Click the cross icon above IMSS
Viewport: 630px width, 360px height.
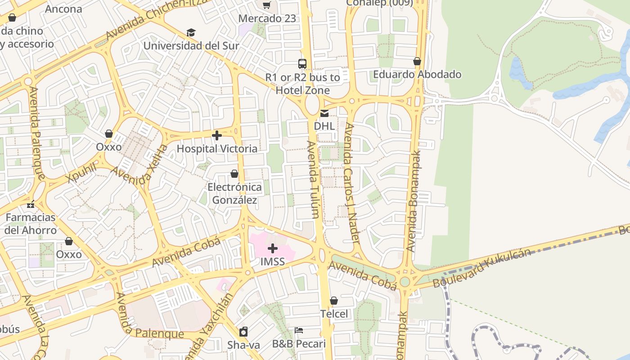pyautogui.click(x=273, y=248)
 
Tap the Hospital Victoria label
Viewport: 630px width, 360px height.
pyautogui.click(x=217, y=148)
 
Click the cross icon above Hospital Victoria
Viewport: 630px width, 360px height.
pyautogui.click(x=217, y=135)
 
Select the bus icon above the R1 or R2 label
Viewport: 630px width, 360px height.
pyautogui.click(x=302, y=64)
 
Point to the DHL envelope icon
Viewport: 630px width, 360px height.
pyautogui.click(x=324, y=113)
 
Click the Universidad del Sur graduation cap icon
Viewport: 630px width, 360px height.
pyautogui.click(x=191, y=33)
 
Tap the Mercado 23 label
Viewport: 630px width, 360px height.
pyautogui.click(x=267, y=18)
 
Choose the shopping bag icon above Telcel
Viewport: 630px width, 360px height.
pyautogui.click(x=334, y=301)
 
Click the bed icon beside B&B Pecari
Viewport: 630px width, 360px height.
pyautogui.click(x=299, y=330)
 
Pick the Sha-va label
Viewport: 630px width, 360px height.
pyautogui.click(x=243, y=345)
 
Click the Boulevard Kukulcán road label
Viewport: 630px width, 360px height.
pyautogui.click(x=482, y=269)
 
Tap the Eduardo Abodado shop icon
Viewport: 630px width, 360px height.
pyautogui.click(x=417, y=61)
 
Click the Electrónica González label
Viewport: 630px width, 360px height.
pyautogui.click(x=234, y=193)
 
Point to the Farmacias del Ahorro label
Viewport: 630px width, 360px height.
pyautogui.click(x=31, y=224)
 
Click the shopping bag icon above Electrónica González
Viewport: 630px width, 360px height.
pyautogui.click(x=234, y=174)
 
